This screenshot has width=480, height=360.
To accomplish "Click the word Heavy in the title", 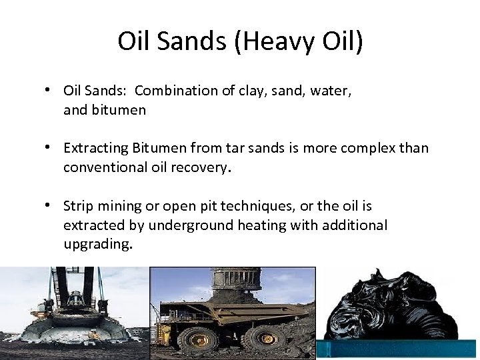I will (273, 41).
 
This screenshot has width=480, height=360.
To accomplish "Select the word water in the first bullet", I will (331, 91).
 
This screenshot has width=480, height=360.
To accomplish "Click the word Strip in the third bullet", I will (77, 207).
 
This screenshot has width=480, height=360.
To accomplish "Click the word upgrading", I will (97, 244).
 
